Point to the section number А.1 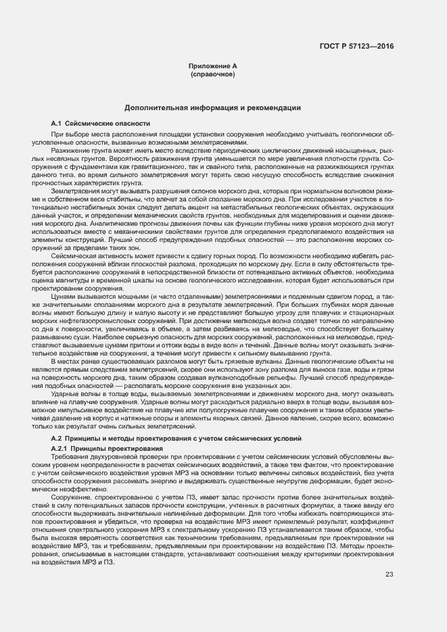[x=56, y=124]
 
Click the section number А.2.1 [x=59, y=449]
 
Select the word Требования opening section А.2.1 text [x=69, y=458]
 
